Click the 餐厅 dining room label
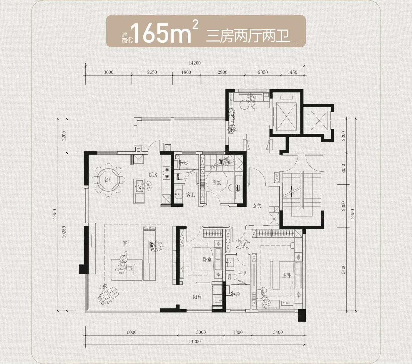(108, 180)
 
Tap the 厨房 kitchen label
(153, 175)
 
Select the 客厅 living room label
(127, 243)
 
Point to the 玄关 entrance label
(257, 206)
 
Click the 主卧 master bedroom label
(286, 275)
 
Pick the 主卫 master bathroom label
(242, 273)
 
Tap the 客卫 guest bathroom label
(190, 195)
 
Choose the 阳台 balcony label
(197, 297)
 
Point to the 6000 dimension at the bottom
(132, 332)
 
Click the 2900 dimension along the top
(222, 72)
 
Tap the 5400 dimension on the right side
(343, 269)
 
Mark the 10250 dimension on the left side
(64, 232)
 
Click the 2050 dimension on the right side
(343, 169)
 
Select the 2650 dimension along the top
(152, 72)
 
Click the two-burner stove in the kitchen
(167, 173)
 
